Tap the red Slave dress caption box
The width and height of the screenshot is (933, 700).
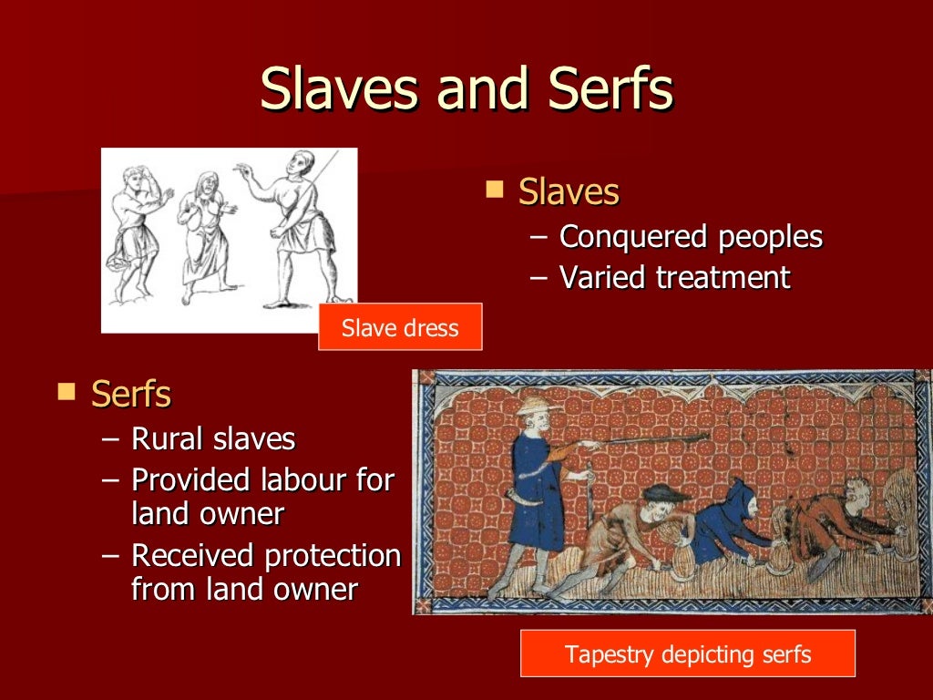coord(400,327)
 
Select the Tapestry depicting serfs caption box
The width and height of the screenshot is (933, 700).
coord(687,654)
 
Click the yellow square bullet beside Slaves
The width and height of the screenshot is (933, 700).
coord(495,190)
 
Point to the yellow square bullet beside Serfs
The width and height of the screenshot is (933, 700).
coord(66,392)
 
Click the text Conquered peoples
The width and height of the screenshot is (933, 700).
coord(691,237)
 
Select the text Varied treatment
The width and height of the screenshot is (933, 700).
coord(674,277)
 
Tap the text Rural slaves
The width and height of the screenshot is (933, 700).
coord(213,439)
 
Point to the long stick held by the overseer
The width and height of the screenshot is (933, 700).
coord(647,441)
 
